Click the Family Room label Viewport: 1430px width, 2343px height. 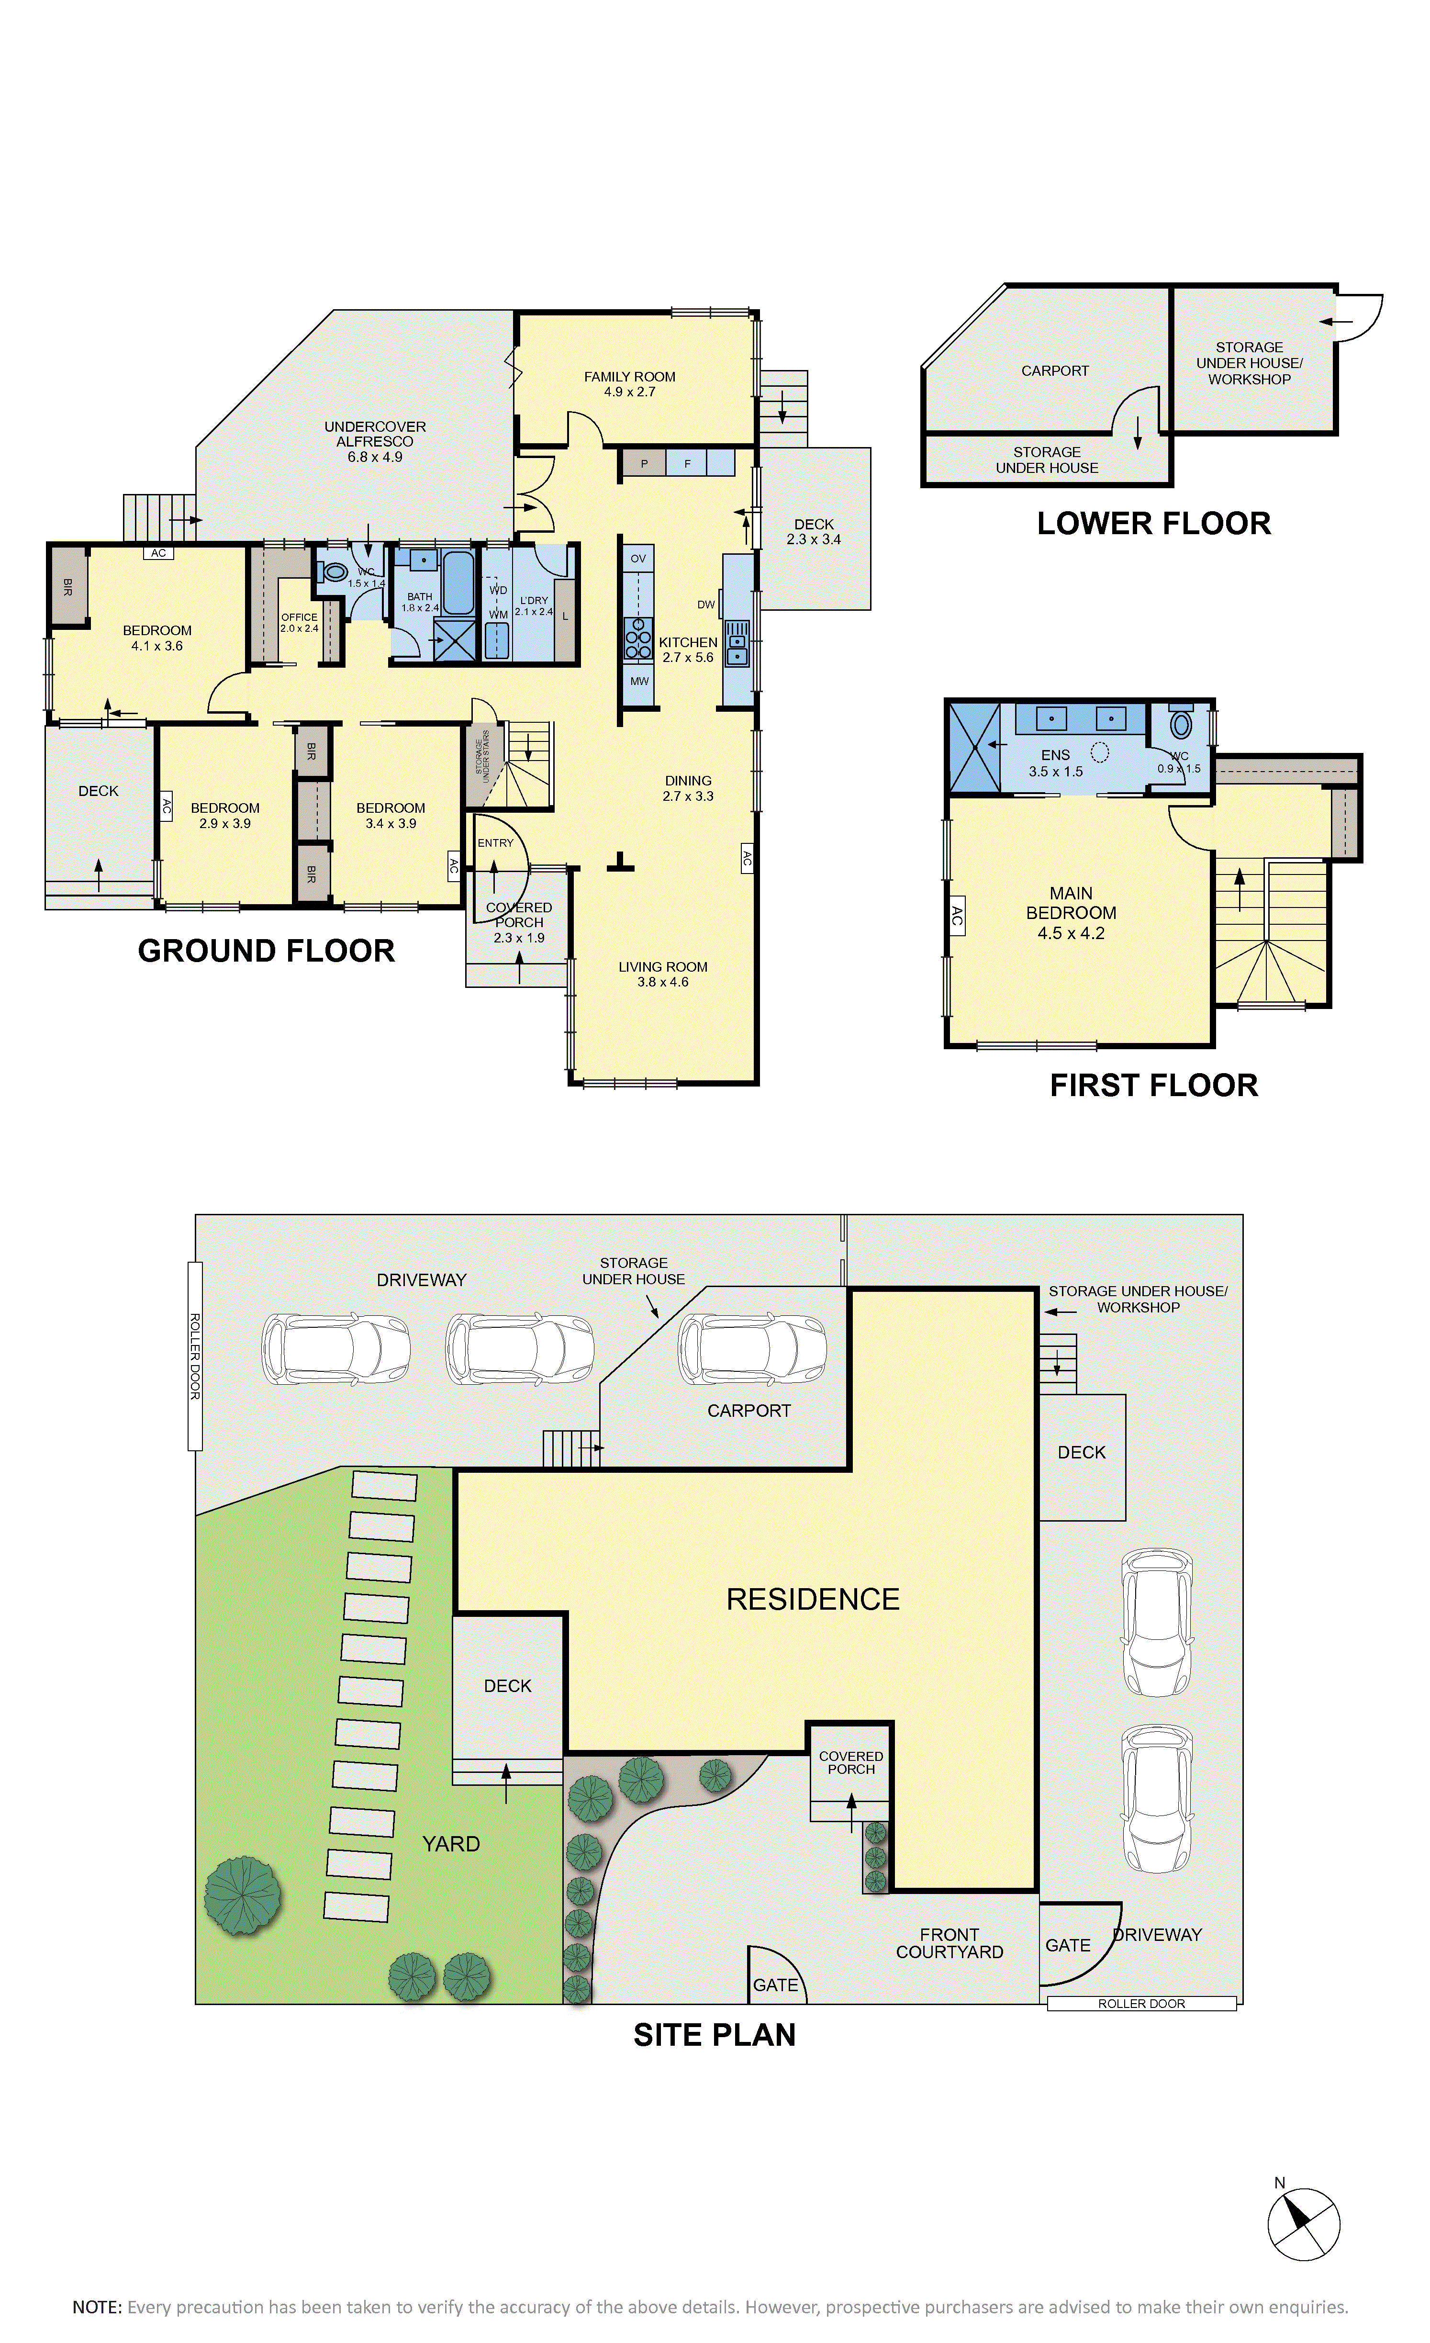click(x=629, y=384)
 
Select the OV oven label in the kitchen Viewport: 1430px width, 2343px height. click(x=638, y=558)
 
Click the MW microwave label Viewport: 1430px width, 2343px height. click(x=639, y=681)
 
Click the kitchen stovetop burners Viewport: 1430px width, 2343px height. click(x=638, y=639)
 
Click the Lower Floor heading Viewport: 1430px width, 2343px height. click(x=1153, y=523)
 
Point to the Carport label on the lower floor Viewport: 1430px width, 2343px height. click(x=1054, y=371)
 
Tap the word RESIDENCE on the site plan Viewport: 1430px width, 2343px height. click(x=813, y=1599)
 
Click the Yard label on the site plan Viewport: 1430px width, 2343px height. click(x=451, y=1844)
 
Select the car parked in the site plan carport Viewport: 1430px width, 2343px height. click(x=752, y=1349)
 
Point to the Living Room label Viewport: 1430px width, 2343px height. click(x=663, y=974)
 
